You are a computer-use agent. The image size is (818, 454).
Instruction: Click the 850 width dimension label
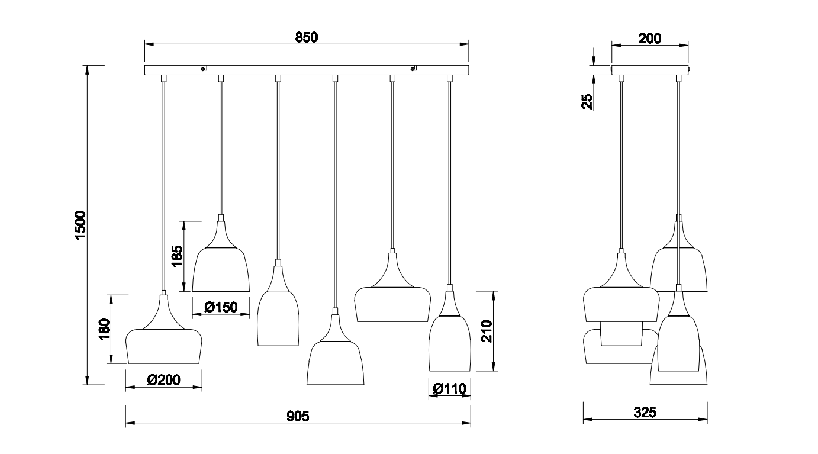[307, 37]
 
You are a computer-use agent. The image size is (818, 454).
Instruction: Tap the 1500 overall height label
[80, 225]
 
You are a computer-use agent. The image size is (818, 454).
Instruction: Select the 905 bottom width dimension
[298, 416]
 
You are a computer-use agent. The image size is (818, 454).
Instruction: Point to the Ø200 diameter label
[163, 380]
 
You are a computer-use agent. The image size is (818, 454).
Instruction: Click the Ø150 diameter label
[221, 307]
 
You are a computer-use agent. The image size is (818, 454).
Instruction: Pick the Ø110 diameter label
[449, 389]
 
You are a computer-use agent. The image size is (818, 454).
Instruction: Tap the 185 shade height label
[177, 256]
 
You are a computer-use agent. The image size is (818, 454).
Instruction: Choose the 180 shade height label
[104, 329]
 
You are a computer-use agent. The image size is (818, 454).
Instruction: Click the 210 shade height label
[487, 331]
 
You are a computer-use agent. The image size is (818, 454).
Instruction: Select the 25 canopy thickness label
[587, 102]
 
